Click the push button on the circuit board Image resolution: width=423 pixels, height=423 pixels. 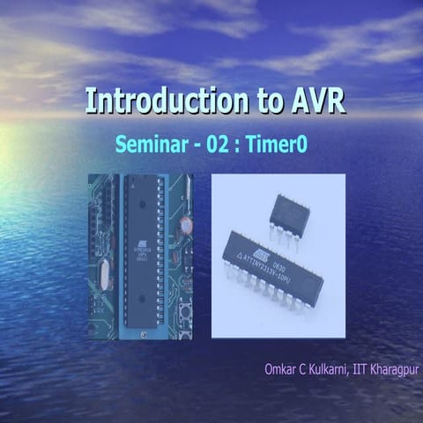pyautogui.click(x=187, y=313)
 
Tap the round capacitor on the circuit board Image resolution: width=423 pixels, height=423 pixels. pyautogui.click(x=187, y=226)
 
